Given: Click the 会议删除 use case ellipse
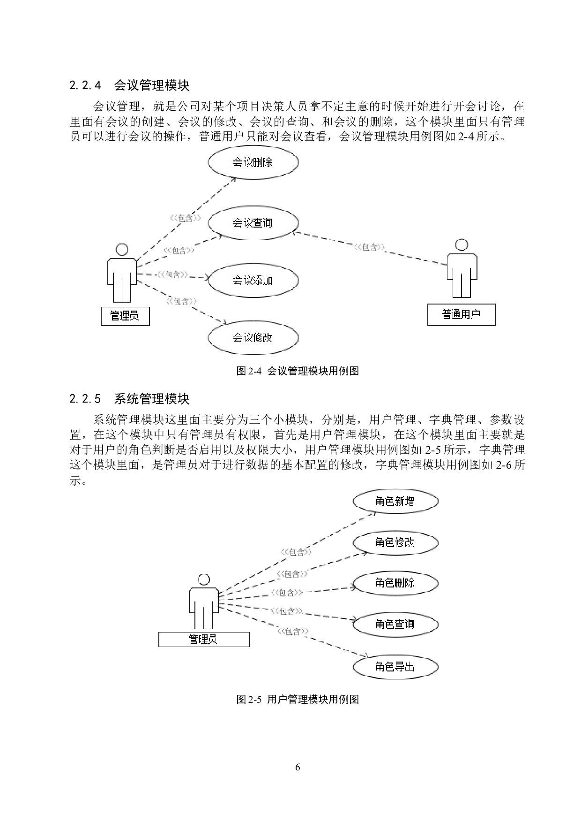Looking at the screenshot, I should (253, 162).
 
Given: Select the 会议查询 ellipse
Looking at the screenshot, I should (253, 222).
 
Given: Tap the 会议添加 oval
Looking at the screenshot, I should (253, 280).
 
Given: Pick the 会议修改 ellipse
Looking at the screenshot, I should (253, 337).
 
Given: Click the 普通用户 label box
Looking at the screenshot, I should (461, 314).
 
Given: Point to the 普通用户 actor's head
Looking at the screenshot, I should (462, 244).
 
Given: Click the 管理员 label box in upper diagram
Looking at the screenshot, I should (125, 316).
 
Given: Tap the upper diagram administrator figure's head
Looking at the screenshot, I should (122, 249).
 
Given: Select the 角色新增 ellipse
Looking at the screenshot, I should (395, 501).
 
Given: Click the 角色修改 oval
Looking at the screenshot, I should (395, 542).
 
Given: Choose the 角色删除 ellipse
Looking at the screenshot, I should (395, 583).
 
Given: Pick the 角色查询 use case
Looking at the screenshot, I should (395, 624).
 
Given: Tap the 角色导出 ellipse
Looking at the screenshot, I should (395, 667).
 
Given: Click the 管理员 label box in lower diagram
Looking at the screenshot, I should (204, 639).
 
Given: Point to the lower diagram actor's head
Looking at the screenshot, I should (204, 579).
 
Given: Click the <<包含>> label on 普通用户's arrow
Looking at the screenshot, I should (370, 247).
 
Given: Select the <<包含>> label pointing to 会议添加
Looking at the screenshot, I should (173, 274).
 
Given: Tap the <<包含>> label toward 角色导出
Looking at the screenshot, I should (293, 632).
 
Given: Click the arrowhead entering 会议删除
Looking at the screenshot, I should (233, 180).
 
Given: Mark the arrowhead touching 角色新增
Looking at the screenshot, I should (373, 513).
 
